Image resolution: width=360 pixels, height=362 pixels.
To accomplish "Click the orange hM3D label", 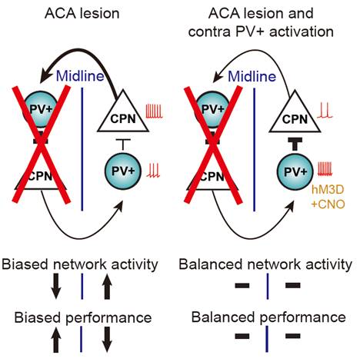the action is coord(328,190).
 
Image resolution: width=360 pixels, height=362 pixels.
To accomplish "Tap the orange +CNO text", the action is coord(328,204).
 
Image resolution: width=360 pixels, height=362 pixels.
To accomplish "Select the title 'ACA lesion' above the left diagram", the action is coord(82,13).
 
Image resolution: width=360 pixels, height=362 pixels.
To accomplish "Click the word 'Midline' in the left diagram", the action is coord(80,76).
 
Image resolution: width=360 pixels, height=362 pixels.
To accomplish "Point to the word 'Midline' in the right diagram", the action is coord(252,76).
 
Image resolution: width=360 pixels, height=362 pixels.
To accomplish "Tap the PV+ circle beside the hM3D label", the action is coord(295,172).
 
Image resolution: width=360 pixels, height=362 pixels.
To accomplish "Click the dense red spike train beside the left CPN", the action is coord(155,111).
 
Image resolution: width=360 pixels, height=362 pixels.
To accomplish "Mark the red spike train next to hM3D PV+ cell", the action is coord(325,169).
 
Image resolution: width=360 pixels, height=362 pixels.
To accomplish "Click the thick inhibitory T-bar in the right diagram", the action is coord(295,144).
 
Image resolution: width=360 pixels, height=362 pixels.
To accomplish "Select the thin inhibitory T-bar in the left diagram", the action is coord(123,144).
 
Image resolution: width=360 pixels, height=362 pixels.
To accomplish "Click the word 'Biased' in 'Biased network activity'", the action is coord(25,264).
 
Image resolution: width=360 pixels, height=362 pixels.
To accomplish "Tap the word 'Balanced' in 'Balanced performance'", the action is coord(224,317).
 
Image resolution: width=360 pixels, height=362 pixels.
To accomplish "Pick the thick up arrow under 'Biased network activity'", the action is coord(107,286).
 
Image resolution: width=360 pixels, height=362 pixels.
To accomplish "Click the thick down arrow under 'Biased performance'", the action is coord(107,339).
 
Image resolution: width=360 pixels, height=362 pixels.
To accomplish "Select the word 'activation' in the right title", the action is coord(302,32).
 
